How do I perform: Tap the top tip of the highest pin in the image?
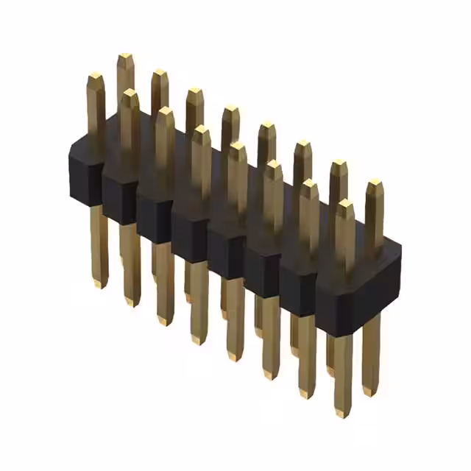pos(125,57)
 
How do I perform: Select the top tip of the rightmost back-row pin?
pos(375,182)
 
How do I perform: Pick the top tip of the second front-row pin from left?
pos(130,93)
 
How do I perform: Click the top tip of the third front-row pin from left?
pos(166,111)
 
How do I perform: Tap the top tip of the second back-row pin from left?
pos(160,73)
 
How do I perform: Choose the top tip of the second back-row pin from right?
pos(339,163)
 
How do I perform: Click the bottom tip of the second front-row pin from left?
pos(132,302)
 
